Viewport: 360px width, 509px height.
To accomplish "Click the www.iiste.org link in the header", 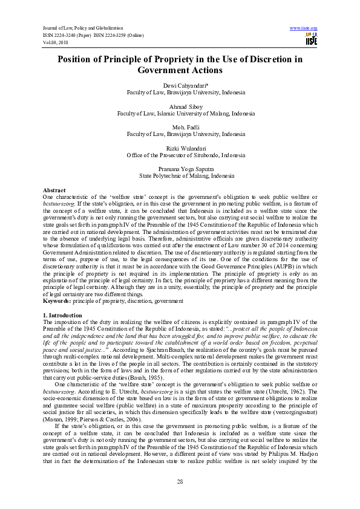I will click(x=304, y=28).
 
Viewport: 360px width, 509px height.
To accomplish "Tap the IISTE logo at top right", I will click(x=311, y=39).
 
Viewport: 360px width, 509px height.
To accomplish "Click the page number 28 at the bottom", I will click(x=180, y=481).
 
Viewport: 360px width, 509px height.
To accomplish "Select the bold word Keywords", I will click(x=57, y=300).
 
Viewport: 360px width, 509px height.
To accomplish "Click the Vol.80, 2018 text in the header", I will click(x=54, y=42).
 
